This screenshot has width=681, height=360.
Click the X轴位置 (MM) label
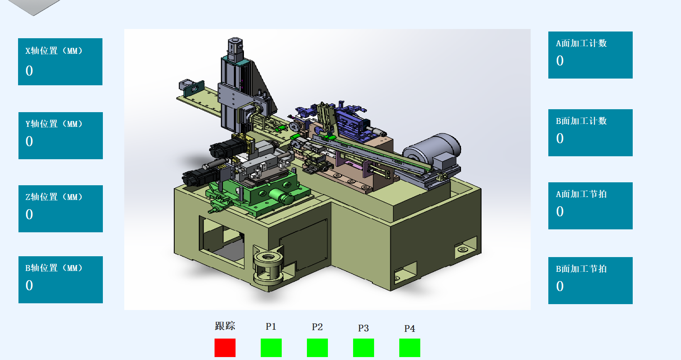point(54,50)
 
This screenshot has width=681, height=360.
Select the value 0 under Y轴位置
point(29,142)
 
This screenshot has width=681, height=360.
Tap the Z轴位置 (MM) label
point(54,197)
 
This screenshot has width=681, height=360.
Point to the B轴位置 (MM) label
point(54,268)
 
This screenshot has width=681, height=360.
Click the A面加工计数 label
point(581,43)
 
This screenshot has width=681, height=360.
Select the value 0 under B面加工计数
point(560,138)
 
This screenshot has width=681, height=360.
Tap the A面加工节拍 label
point(581,194)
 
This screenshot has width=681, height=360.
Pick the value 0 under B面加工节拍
point(560,286)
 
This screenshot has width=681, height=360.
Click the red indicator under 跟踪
point(225,347)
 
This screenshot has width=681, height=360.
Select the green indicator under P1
point(271,347)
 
